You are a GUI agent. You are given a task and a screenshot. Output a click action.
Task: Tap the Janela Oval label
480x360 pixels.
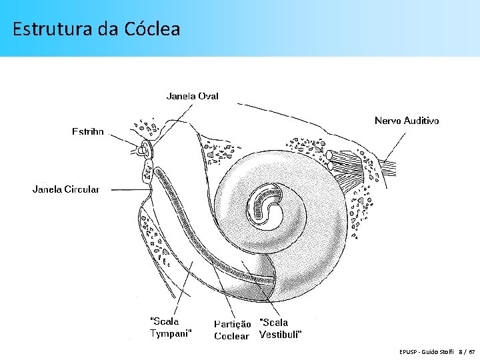pyautogui.click(x=192, y=96)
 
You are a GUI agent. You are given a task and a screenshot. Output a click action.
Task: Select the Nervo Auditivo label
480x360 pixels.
pyautogui.click(x=407, y=121)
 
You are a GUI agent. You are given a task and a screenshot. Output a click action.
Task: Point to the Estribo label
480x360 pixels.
pyautogui.click(x=88, y=132)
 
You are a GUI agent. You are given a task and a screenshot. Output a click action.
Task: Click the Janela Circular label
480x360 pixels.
pyautogui.click(x=66, y=189)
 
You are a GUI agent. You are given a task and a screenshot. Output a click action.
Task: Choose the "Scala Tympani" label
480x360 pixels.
pyautogui.click(x=171, y=328)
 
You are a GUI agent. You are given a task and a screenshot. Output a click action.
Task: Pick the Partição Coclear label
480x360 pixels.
pyautogui.click(x=232, y=330)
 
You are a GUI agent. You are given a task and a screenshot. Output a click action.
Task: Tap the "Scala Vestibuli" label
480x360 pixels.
pyautogui.click(x=280, y=328)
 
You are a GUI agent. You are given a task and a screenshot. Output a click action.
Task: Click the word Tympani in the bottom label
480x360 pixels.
pyautogui.click(x=171, y=334)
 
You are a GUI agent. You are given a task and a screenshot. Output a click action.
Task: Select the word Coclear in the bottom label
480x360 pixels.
pyautogui.click(x=231, y=336)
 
